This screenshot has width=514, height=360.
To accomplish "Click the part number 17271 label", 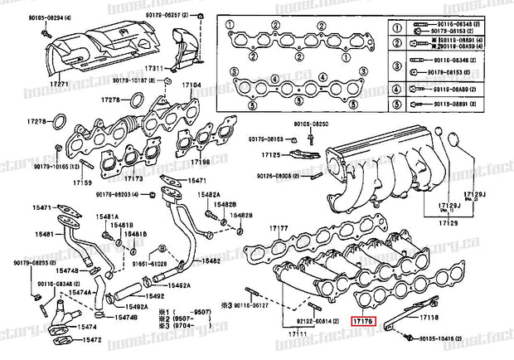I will (x=56, y=85).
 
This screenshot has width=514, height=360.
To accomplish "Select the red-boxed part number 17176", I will (x=363, y=319).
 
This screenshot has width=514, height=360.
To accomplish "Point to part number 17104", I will (x=192, y=85).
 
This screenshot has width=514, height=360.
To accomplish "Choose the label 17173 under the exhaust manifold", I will (x=133, y=178).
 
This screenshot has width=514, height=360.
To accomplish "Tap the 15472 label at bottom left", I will (x=90, y=340).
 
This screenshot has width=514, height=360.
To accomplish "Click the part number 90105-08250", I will (x=310, y=124).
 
